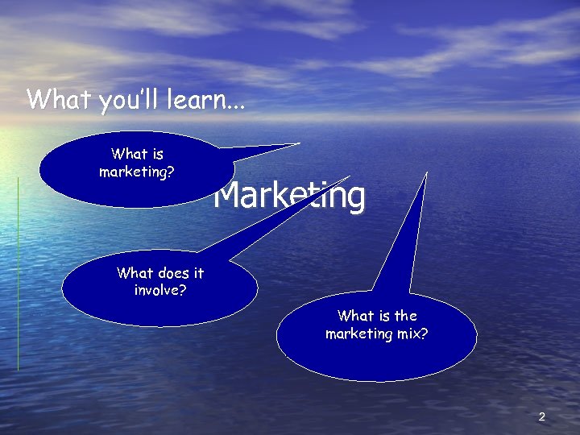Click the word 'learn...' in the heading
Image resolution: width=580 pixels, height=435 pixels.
pyautogui.click(x=206, y=100)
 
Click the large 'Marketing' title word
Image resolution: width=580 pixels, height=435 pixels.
pyautogui.click(x=289, y=196)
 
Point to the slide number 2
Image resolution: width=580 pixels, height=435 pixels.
pyautogui.click(x=541, y=416)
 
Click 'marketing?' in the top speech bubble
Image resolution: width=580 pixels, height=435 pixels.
pyautogui.click(x=137, y=172)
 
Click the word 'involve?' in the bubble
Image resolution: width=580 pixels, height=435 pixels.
pyautogui.click(x=160, y=289)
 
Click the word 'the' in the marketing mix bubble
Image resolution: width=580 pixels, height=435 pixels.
pyautogui.click(x=405, y=316)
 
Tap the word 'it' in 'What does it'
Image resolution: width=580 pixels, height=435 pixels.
pyautogui.click(x=198, y=272)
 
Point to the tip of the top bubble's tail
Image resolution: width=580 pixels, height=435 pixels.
pyautogui.click(x=299, y=144)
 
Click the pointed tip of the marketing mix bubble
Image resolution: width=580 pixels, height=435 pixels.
pyautogui.click(x=426, y=172)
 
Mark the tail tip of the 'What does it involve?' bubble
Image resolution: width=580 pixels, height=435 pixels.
pyautogui.click(x=350, y=176)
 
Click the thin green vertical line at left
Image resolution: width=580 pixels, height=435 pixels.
pyautogui.click(x=18, y=274)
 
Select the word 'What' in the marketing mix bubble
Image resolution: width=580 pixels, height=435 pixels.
pyautogui.click(x=354, y=316)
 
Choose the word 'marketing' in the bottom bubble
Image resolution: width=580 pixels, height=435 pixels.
pyautogui.click(x=358, y=333)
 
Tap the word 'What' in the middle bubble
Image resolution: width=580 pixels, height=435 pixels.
pyautogui.click(x=134, y=272)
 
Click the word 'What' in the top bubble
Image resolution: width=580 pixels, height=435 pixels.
pyautogui.click(x=128, y=154)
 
